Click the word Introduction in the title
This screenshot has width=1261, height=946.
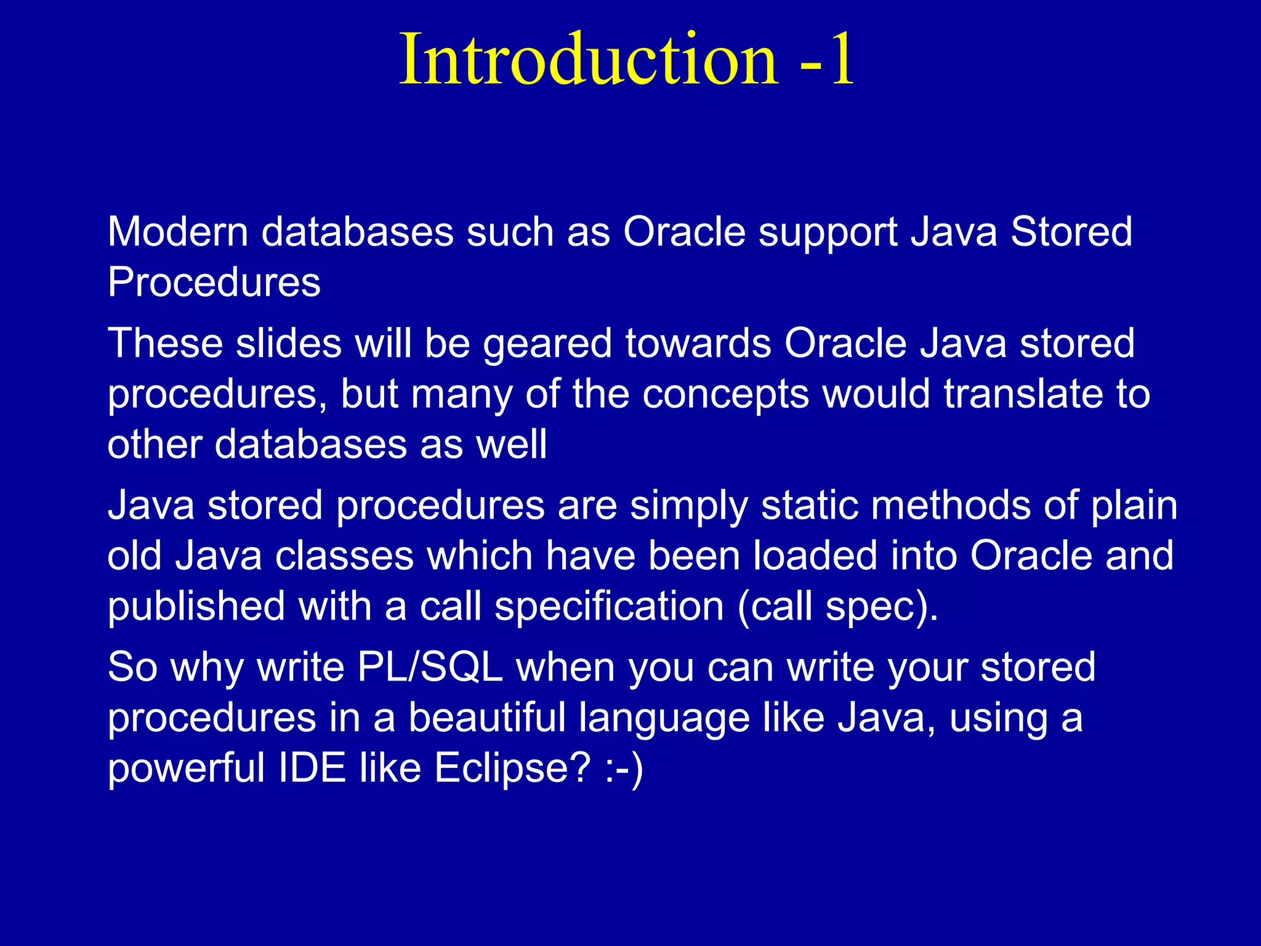[x=589, y=59]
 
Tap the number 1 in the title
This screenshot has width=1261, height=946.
[x=841, y=60]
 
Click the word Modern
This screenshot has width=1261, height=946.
[x=177, y=232]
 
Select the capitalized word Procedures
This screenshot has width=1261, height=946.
[x=214, y=283]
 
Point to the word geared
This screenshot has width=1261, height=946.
[x=547, y=344]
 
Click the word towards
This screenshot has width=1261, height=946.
[x=698, y=343]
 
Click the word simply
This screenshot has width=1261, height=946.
[x=689, y=506]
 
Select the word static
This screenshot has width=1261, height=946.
[x=808, y=505]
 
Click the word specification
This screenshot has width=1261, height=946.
[x=609, y=607]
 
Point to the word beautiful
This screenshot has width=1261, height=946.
[x=487, y=718]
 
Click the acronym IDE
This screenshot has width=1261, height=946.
[x=312, y=768]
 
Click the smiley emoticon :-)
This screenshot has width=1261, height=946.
[x=624, y=769]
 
